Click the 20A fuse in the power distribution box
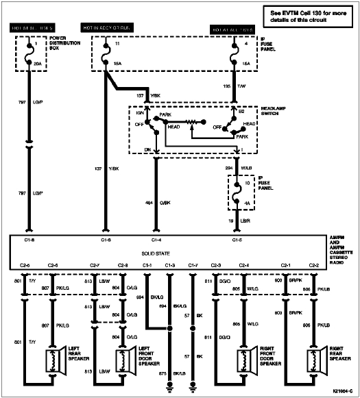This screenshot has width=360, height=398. (28, 54)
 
